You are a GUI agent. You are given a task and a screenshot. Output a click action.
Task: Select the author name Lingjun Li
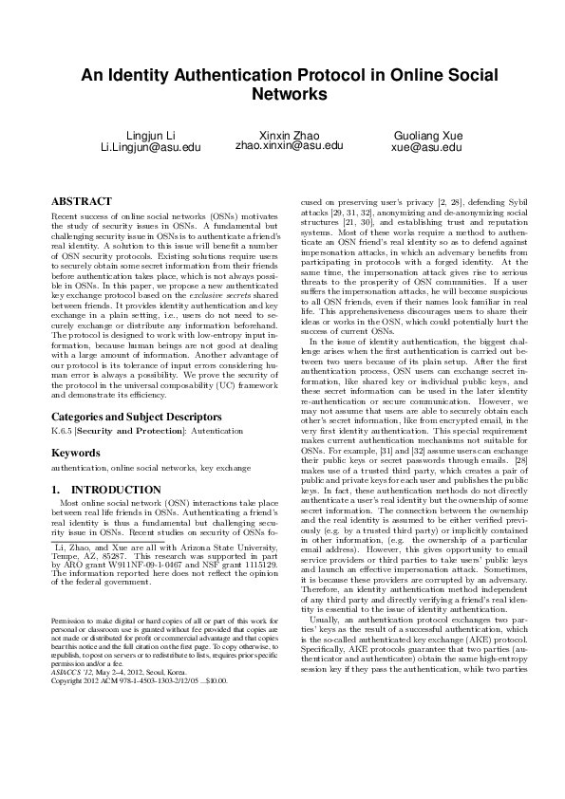pyautogui.click(x=151, y=135)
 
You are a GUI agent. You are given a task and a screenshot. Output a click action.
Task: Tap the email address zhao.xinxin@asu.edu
pyautogui.click(x=289, y=146)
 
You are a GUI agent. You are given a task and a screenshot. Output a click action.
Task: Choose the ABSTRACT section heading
pyautogui.click(x=81, y=201)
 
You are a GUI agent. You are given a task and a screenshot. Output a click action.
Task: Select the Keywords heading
pyautogui.click(x=76, y=454)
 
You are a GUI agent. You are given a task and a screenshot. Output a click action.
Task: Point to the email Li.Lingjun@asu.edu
pyautogui.click(x=151, y=148)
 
